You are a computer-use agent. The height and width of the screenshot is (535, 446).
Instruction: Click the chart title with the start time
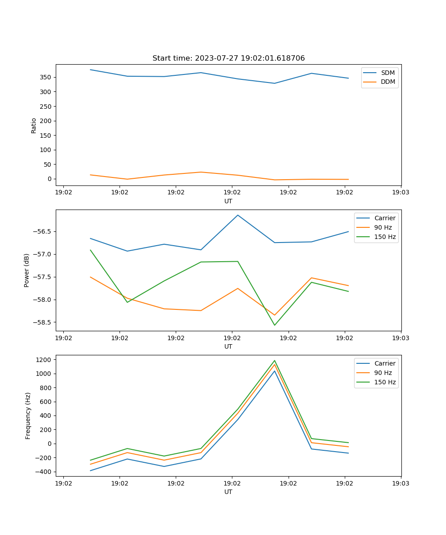[228, 58]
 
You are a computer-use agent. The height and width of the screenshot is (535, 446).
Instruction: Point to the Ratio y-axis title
[34, 125]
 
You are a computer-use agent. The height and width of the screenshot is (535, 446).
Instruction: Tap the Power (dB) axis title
[27, 270]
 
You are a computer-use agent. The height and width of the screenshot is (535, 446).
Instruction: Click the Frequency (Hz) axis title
[28, 416]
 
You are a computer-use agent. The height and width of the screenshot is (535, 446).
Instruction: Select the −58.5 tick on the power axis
[41, 322]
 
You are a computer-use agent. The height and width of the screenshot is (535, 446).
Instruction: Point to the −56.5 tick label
[41, 231]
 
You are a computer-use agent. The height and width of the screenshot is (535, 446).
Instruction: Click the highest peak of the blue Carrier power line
[238, 215]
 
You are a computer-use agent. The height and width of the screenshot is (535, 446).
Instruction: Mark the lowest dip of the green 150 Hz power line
[275, 325]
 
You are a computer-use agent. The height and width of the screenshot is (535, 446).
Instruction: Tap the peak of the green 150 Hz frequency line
[275, 361]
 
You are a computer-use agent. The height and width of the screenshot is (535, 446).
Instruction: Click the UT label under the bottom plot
[228, 492]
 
